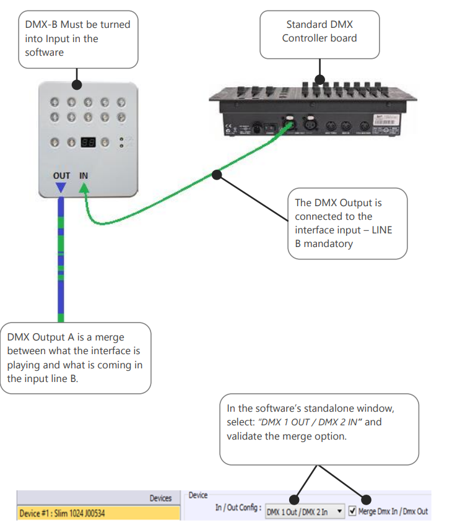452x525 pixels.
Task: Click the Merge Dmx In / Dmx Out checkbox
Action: [352, 511]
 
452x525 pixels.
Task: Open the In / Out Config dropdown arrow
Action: [339, 511]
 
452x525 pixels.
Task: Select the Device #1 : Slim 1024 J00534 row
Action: [98, 513]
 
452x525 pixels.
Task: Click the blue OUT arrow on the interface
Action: [61, 187]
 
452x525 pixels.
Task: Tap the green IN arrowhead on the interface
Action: [84, 188]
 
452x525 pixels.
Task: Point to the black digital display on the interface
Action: [88, 142]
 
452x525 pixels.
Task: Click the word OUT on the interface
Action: [61, 176]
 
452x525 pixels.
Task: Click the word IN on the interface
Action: [84, 175]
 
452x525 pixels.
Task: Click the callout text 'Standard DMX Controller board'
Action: [319, 31]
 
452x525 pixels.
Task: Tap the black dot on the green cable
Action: [217, 175]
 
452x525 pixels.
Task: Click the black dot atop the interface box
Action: [77, 85]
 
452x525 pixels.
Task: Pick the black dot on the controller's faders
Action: [319, 79]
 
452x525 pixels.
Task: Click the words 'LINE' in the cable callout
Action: [381, 230]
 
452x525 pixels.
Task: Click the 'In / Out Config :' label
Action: [238, 508]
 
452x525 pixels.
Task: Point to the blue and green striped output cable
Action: [61, 259]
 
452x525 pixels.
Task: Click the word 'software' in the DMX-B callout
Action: [44, 53]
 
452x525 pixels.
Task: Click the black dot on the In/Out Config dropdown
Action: [294, 500]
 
